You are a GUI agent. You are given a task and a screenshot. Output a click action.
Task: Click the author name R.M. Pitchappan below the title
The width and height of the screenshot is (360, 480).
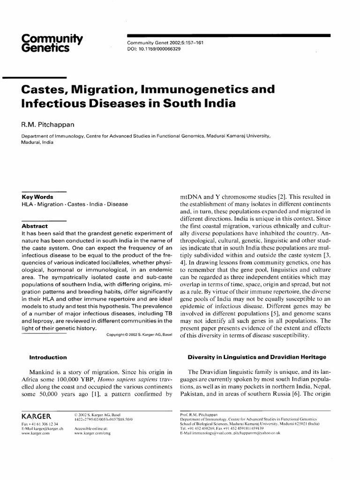[x=47, y=124]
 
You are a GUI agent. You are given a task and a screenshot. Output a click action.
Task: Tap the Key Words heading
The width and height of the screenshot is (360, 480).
[x=37, y=197]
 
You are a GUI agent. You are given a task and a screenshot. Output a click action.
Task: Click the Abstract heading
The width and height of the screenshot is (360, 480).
[x=35, y=225]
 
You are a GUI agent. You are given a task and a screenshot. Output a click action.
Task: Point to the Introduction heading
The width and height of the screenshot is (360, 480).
[x=48, y=357]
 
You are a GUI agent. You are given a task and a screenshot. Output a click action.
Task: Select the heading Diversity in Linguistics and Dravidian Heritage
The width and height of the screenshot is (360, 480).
[x=257, y=357]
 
